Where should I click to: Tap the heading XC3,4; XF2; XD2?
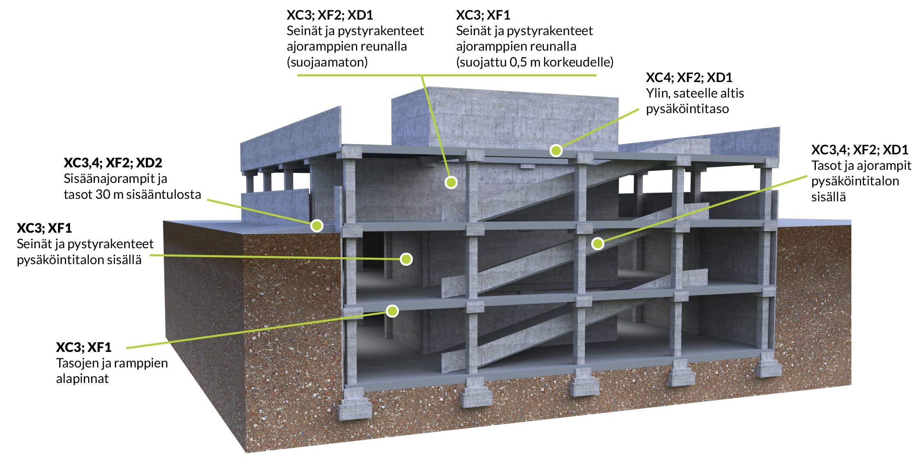click(x=113, y=163)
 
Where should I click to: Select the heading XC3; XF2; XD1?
click(x=330, y=15)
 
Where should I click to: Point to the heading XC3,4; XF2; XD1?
click(x=860, y=150)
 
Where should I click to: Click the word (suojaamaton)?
click(x=327, y=62)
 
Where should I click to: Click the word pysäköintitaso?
click(x=687, y=109)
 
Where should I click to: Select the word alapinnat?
click(x=82, y=379)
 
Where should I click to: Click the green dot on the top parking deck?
click(x=556, y=151)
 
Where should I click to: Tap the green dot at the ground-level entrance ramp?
click(x=316, y=225)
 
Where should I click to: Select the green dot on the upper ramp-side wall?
click(x=451, y=182)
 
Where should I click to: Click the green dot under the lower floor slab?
click(x=392, y=311)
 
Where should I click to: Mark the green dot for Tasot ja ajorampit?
click(x=597, y=244)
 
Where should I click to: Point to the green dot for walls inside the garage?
click(x=406, y=259)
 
